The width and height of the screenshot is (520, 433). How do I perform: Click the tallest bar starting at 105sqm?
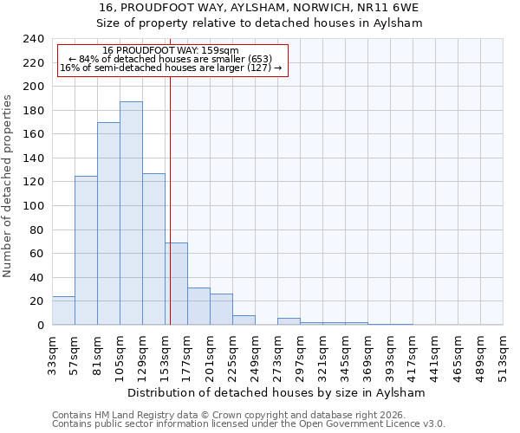tap(131, 213)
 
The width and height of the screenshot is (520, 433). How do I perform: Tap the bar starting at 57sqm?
tap(86, 250)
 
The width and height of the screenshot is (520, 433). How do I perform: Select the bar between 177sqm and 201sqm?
tap(198, 307)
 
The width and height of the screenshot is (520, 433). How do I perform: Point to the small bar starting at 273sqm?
tap(289, 321)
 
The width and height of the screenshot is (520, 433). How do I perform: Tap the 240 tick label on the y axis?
tap(33, 39)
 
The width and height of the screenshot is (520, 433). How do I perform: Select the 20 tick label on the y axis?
tap(36, 301)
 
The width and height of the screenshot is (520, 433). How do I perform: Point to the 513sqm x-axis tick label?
tap(504, 353)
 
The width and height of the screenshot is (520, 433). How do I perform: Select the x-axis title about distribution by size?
tap(277, 392)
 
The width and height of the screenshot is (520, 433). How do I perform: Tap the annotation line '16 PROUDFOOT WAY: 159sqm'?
tap(170, 51)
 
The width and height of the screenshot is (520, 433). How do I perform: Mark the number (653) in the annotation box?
tap(258, 59)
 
